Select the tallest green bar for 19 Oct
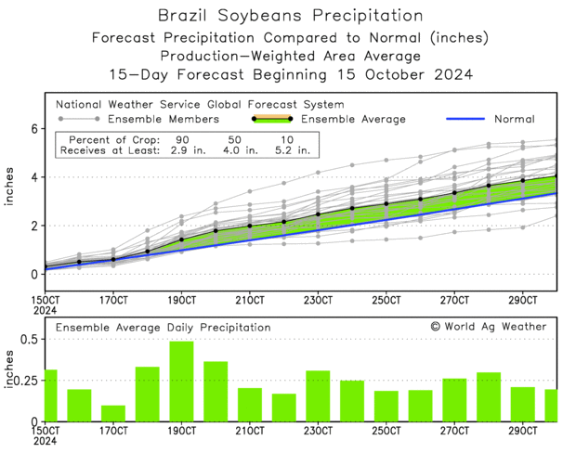pos(181,382)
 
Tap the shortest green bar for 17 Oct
pos(113,413)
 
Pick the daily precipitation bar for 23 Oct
pos(318,395)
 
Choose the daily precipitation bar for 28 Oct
pos(489,396)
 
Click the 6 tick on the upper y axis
pos(33,129)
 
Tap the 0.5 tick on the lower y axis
pos(27,340)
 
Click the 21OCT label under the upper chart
pos(250,300)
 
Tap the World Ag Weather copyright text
pos(489,327)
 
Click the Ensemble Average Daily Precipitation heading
pos(164,328)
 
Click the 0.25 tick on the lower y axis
pos(23,381)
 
